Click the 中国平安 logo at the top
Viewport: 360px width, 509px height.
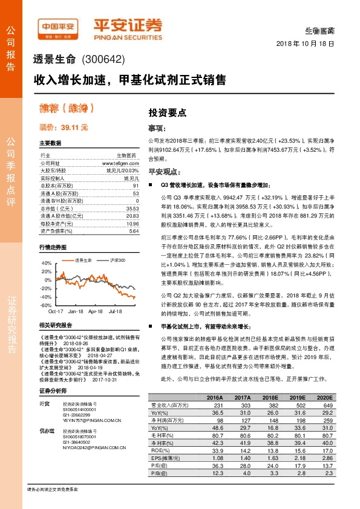(59, 27)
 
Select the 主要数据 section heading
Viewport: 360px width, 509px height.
(50, 143)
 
